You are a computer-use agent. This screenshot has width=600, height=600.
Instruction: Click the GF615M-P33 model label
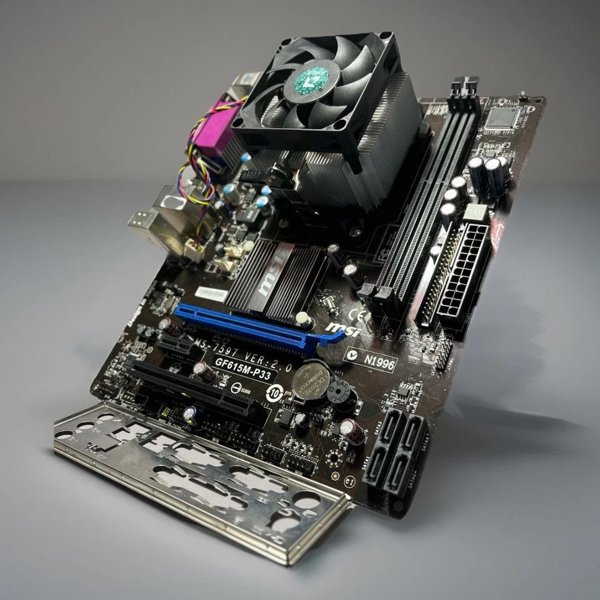[x=243, y=371]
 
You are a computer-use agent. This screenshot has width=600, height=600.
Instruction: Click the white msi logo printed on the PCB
[x=343, y=329]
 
